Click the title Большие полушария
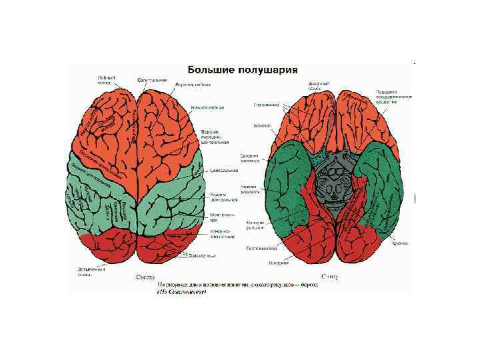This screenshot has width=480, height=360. point(242,69)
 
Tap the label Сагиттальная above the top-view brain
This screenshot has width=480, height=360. point(152,80)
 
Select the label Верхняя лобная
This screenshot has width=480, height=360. point(193,85)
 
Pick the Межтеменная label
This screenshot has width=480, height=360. point(222,217)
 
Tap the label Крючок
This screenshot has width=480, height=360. point(398,245)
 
